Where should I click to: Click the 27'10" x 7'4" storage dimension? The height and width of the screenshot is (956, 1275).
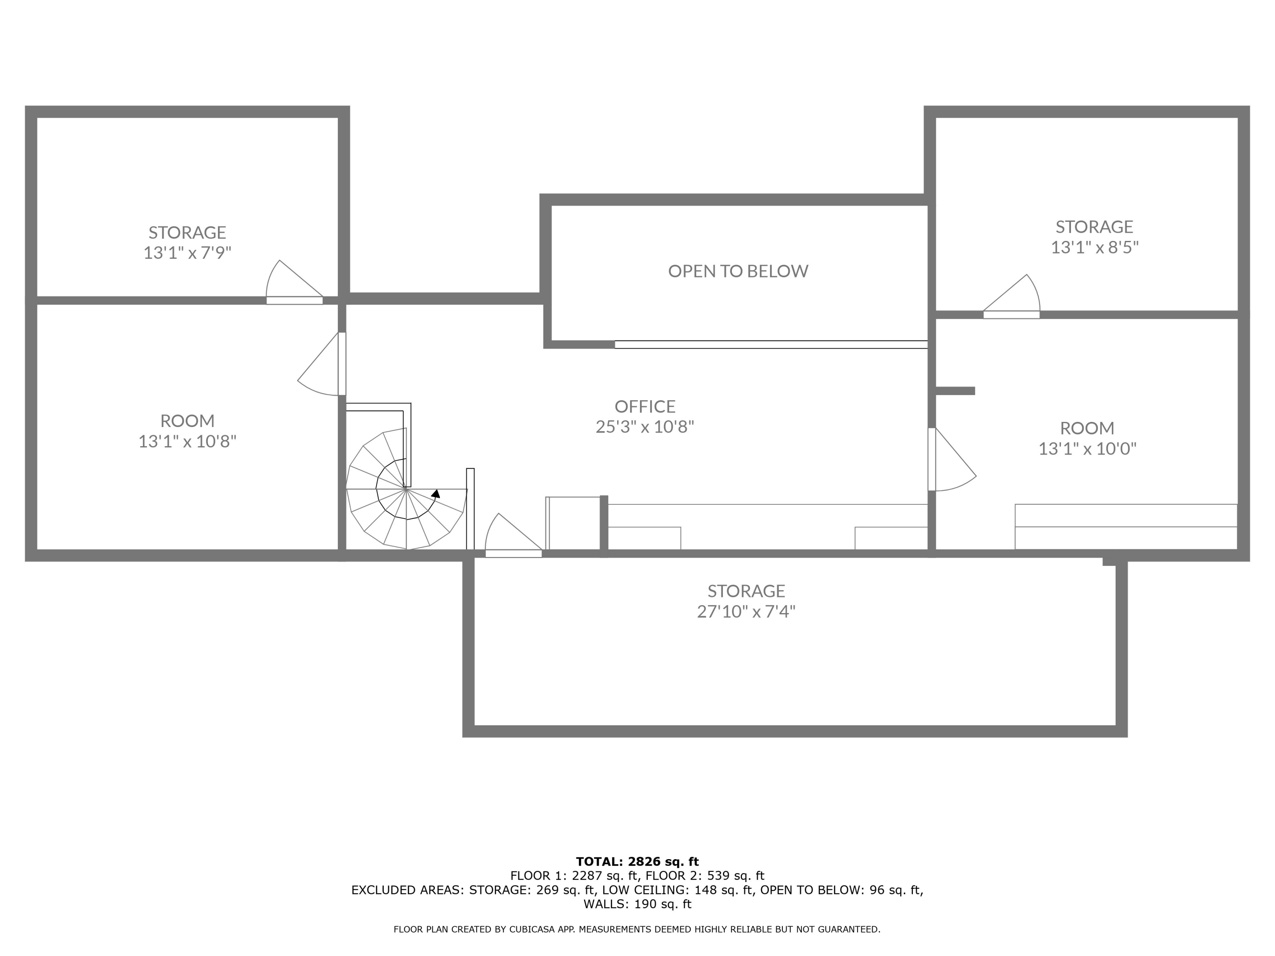(x=746, y=611)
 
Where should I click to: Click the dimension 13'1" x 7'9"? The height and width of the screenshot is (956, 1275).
(x=187, y=253)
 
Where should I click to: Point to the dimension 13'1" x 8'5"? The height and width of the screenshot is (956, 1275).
(x=1094, y=247)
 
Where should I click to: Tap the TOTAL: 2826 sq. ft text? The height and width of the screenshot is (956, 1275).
(x=637, y=862)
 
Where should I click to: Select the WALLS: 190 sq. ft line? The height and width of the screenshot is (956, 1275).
(x=637, y=904)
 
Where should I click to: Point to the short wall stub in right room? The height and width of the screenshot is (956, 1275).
(x=955, y=391)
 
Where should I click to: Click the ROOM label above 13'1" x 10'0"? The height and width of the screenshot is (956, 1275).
(x=1087, y=428)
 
